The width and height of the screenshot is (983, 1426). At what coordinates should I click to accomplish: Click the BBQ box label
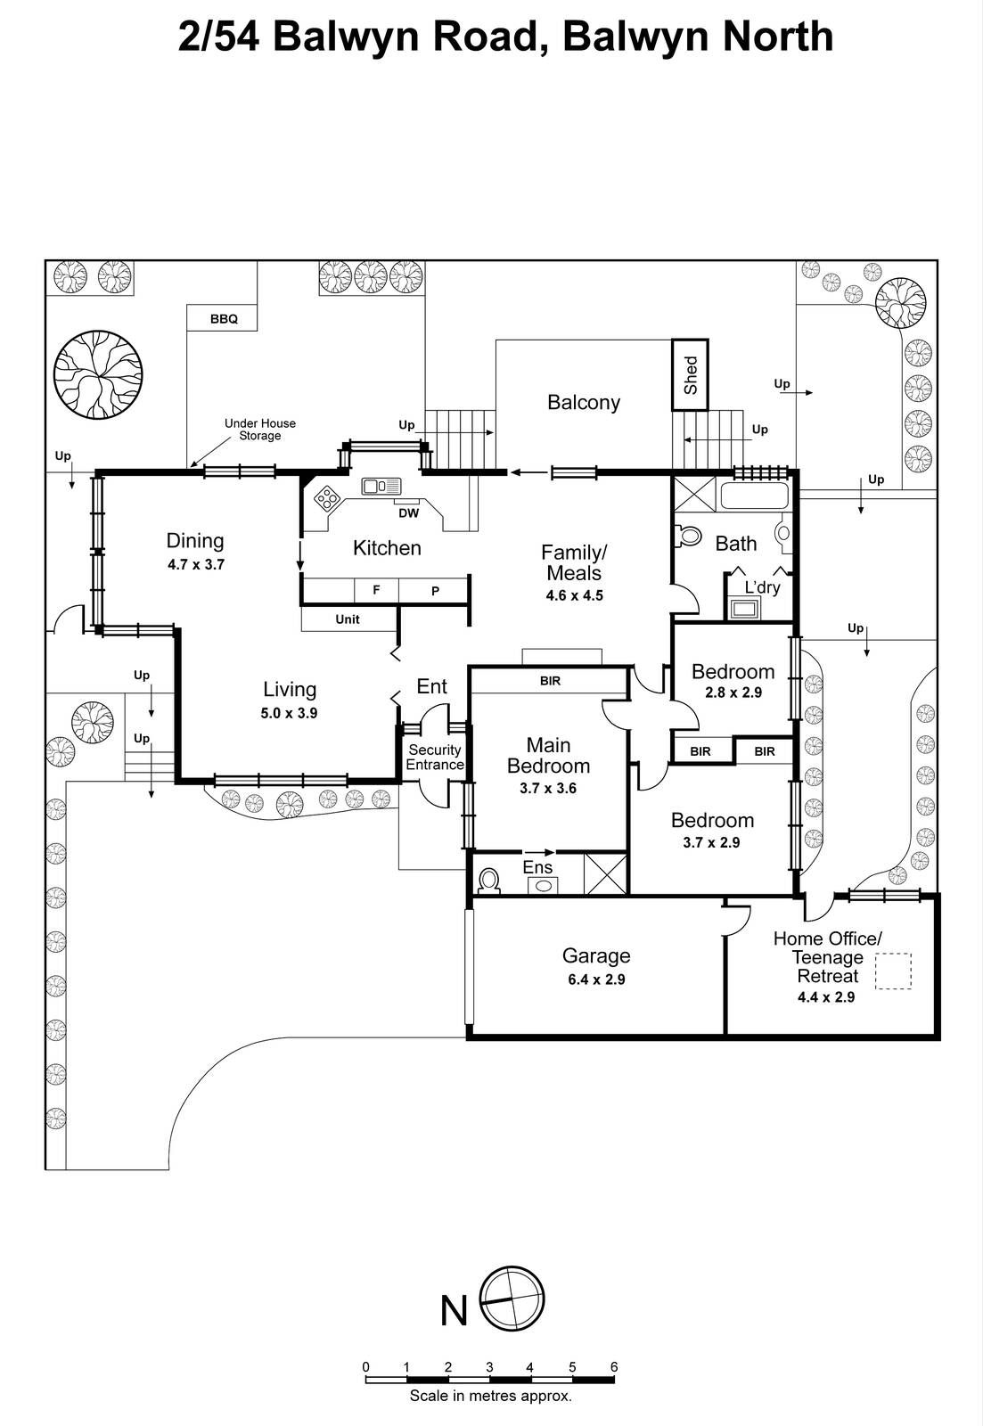224,318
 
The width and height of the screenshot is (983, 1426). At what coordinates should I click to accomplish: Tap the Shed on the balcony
691,374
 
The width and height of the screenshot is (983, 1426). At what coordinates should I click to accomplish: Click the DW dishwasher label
408,513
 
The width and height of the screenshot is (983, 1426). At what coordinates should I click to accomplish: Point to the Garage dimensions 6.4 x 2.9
596,979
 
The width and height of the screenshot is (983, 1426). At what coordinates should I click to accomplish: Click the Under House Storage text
259,430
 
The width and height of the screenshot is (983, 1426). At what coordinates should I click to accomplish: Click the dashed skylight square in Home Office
893,971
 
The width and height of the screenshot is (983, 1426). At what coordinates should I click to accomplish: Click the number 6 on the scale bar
614,1367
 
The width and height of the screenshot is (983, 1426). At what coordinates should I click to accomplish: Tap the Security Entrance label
435,758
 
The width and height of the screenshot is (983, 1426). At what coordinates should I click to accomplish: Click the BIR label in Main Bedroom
550,681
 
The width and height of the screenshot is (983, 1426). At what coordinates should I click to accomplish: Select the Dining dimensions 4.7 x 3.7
196,564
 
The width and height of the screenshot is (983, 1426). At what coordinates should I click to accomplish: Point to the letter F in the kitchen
376,590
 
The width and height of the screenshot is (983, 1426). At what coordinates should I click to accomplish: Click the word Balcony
584,402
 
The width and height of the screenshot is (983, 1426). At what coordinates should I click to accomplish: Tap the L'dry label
762,587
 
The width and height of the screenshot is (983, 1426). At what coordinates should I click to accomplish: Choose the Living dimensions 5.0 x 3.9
290,713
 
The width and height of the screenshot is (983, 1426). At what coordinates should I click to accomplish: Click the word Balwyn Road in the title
404,37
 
